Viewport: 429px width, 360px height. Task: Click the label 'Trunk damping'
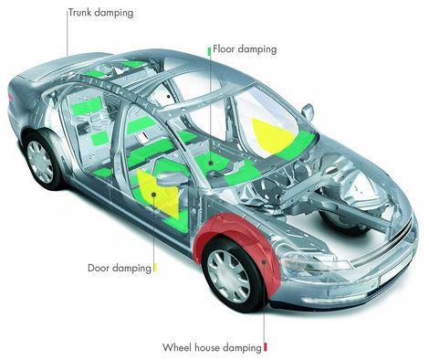pyautogui.click(x=100, y=13)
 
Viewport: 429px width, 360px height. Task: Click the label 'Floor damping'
pyautogui.click(x=245, y=49)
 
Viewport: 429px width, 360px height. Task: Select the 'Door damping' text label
pyautogui.click(x=120, y=268)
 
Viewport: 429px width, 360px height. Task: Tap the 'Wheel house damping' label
pyautogui.click(x=212, y=347)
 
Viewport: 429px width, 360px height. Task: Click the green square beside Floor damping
pyautogui.click(x=209, y=51)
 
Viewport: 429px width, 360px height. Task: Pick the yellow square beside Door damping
pyautogui.click(x=155, y=268)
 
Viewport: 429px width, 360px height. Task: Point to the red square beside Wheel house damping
pyautogui.click(x=266, y=347)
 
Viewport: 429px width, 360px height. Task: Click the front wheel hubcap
pyautogui.click(x=228, y=276)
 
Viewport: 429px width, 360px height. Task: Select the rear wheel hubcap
pyautogui.click(x=40, y=162)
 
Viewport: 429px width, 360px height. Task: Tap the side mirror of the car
pyautogui.click(x=308, y=111)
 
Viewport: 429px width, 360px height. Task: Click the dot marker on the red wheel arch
pyautogui.click(x=264, y=261)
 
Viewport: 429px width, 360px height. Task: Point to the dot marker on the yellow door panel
pyautogui.click(x=154, y=195)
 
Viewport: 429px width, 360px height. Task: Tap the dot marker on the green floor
pyautogui.click(x=211, y=164)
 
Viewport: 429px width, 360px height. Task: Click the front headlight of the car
pyautogui.click(x=315, y=261)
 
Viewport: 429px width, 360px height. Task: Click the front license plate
pyautogui.click(x=396, y=276)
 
